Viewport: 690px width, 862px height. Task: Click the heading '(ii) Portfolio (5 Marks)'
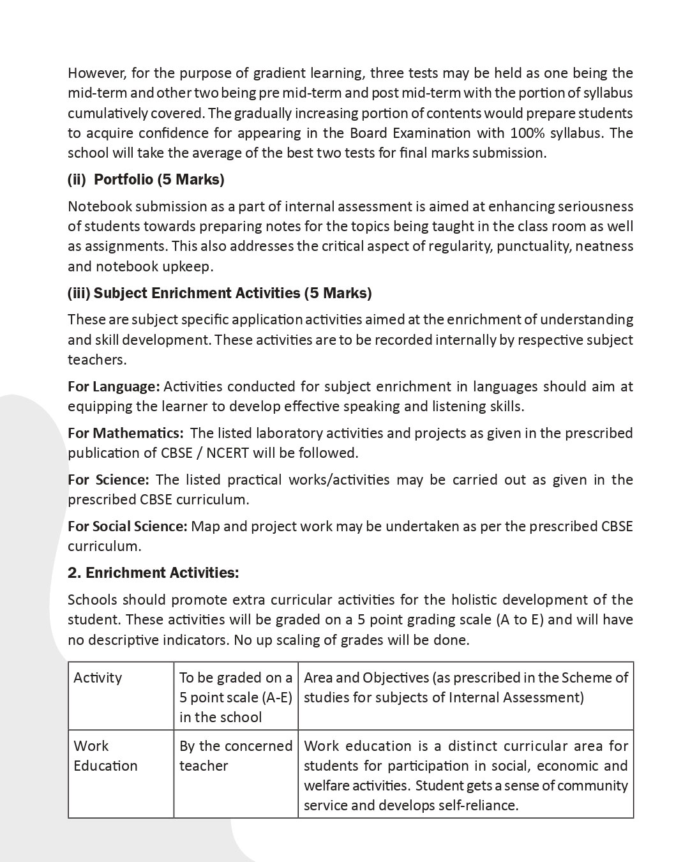(x=146, y=179)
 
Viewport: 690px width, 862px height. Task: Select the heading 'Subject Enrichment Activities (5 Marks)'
(x=220, y=293)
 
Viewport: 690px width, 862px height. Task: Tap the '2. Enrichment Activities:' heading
(x=153, y=573)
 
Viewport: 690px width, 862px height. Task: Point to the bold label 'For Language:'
(x=114, y=386)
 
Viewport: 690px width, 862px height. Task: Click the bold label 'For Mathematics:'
(x=125, y=433)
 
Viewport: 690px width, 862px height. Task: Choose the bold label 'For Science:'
(x=108, y=480)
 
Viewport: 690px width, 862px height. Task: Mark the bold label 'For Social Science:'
(x=127, y=526)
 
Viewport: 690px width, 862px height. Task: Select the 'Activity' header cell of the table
(x=98, y=677)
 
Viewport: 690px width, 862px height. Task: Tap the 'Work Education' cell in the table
(x=105, y=756)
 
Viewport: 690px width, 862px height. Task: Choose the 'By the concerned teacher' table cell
(x=235, y=756)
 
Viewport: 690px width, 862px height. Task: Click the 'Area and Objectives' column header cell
(x=465, y=687)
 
